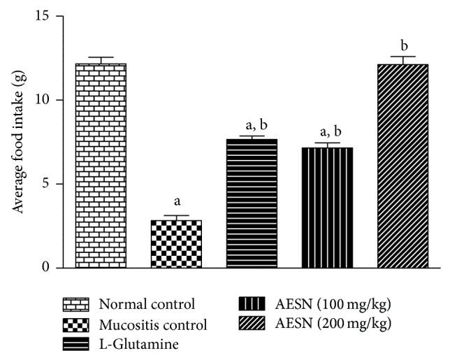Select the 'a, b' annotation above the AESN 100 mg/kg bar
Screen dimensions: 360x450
(327, 129)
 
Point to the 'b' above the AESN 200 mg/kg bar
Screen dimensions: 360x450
(402, 43)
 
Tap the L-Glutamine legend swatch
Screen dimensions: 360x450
(76, 344)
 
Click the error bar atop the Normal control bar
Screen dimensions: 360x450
(101, 60)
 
